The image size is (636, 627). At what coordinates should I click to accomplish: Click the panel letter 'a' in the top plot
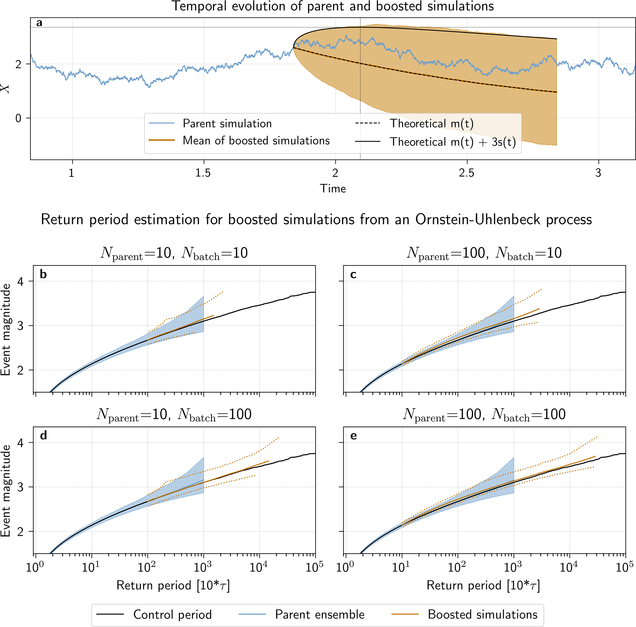39,23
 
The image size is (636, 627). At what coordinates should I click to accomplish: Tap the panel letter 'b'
43,274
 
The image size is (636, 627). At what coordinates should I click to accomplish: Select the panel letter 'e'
354,436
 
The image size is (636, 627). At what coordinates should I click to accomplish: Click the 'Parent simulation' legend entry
227,124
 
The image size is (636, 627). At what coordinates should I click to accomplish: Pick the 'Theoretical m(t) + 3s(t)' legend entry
453,142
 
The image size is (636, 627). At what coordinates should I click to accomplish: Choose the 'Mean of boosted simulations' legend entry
256,140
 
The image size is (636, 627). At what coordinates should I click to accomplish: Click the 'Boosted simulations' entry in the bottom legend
482,614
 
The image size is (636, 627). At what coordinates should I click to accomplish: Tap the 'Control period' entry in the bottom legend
172,614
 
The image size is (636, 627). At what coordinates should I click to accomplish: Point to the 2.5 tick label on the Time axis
466,173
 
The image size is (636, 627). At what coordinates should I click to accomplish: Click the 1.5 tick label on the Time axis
203,173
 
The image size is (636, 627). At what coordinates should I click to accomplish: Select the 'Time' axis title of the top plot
333,189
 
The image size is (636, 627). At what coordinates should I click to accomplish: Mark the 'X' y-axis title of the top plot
6,89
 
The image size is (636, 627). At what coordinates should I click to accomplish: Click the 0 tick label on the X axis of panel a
18,118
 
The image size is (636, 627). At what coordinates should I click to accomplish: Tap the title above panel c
484,253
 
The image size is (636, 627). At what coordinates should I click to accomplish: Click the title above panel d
174,414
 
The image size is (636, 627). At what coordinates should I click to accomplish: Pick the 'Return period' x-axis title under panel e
483,585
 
